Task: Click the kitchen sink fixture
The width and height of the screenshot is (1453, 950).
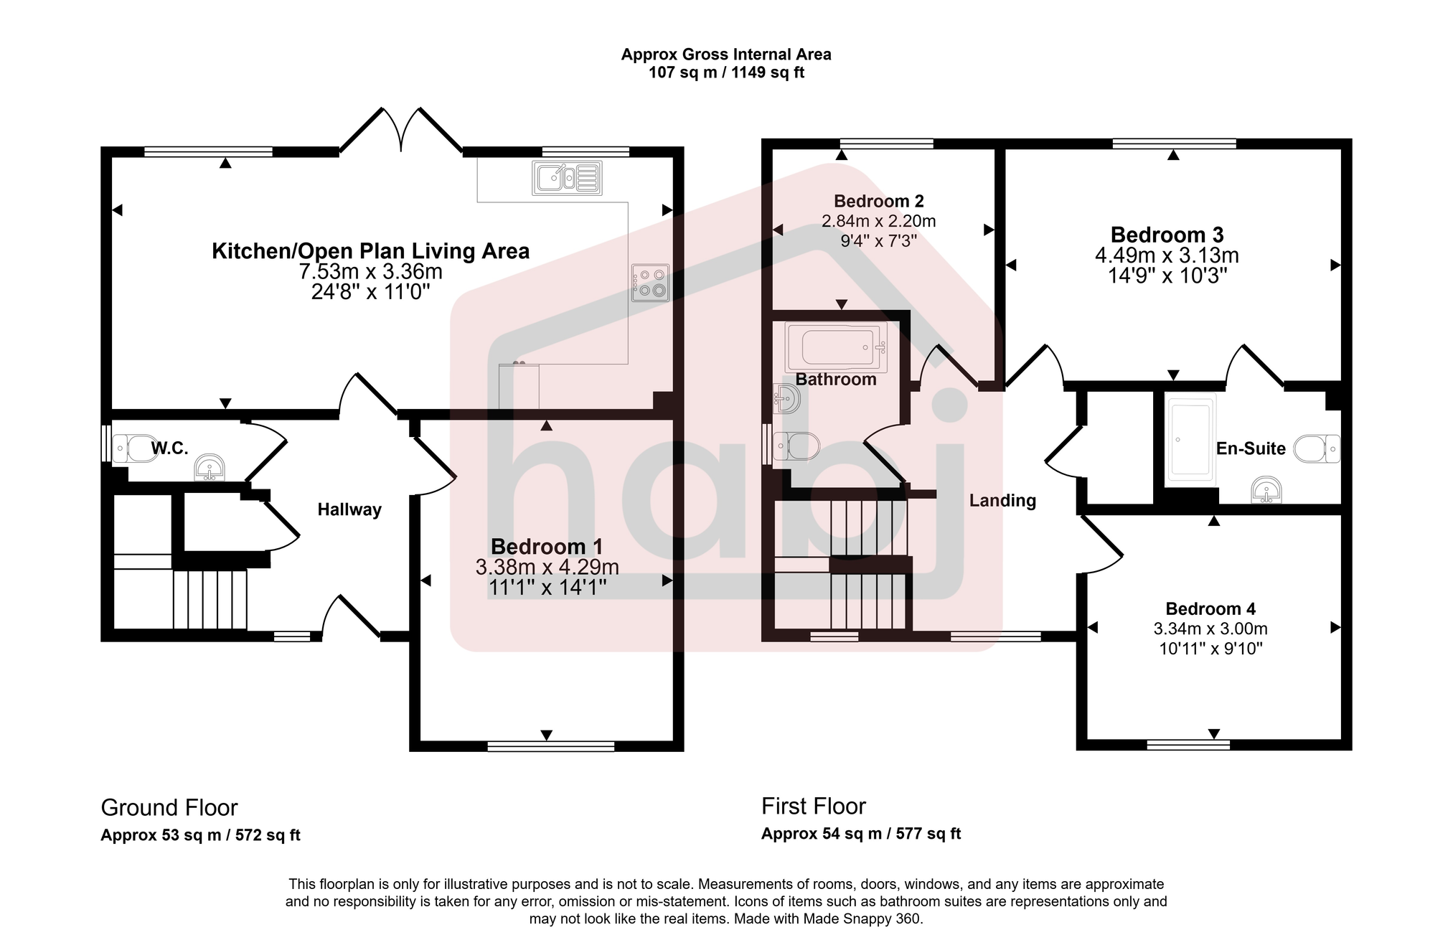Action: [x=567, y=178]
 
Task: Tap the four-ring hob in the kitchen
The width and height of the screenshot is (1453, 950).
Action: [x=650, y=283]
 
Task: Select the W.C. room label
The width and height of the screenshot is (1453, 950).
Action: [x=169, y=448]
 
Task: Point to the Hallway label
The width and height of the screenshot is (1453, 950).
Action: [x=349, y=509]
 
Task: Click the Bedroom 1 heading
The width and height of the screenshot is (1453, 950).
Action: [x=547, y=546]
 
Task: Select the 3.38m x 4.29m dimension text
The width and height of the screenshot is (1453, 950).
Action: [x=547, y=567]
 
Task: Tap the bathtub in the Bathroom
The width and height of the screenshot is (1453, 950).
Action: [x=836, y=347]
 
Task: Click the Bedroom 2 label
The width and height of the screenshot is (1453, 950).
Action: [x=878, y=201]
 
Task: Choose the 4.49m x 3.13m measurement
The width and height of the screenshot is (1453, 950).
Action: [x=1167, y=255]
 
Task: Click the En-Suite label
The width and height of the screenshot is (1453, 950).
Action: [x=1250, y=448]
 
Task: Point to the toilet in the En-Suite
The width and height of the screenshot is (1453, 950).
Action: [x=1317, y=448]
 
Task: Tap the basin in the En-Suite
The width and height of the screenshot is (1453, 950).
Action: [x=1266, y=490]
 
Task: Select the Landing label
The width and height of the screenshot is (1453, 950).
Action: [x=1002, y=500]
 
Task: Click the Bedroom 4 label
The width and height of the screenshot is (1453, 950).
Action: [x=1210, y=608]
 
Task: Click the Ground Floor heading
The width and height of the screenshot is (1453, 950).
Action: [x=169, y=807]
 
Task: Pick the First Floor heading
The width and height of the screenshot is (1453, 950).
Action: [x=814, y=806]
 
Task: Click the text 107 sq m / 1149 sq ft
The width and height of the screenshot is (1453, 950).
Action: [x=726, y=72]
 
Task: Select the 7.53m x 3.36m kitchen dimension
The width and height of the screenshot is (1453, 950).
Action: [x=370, y=272]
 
